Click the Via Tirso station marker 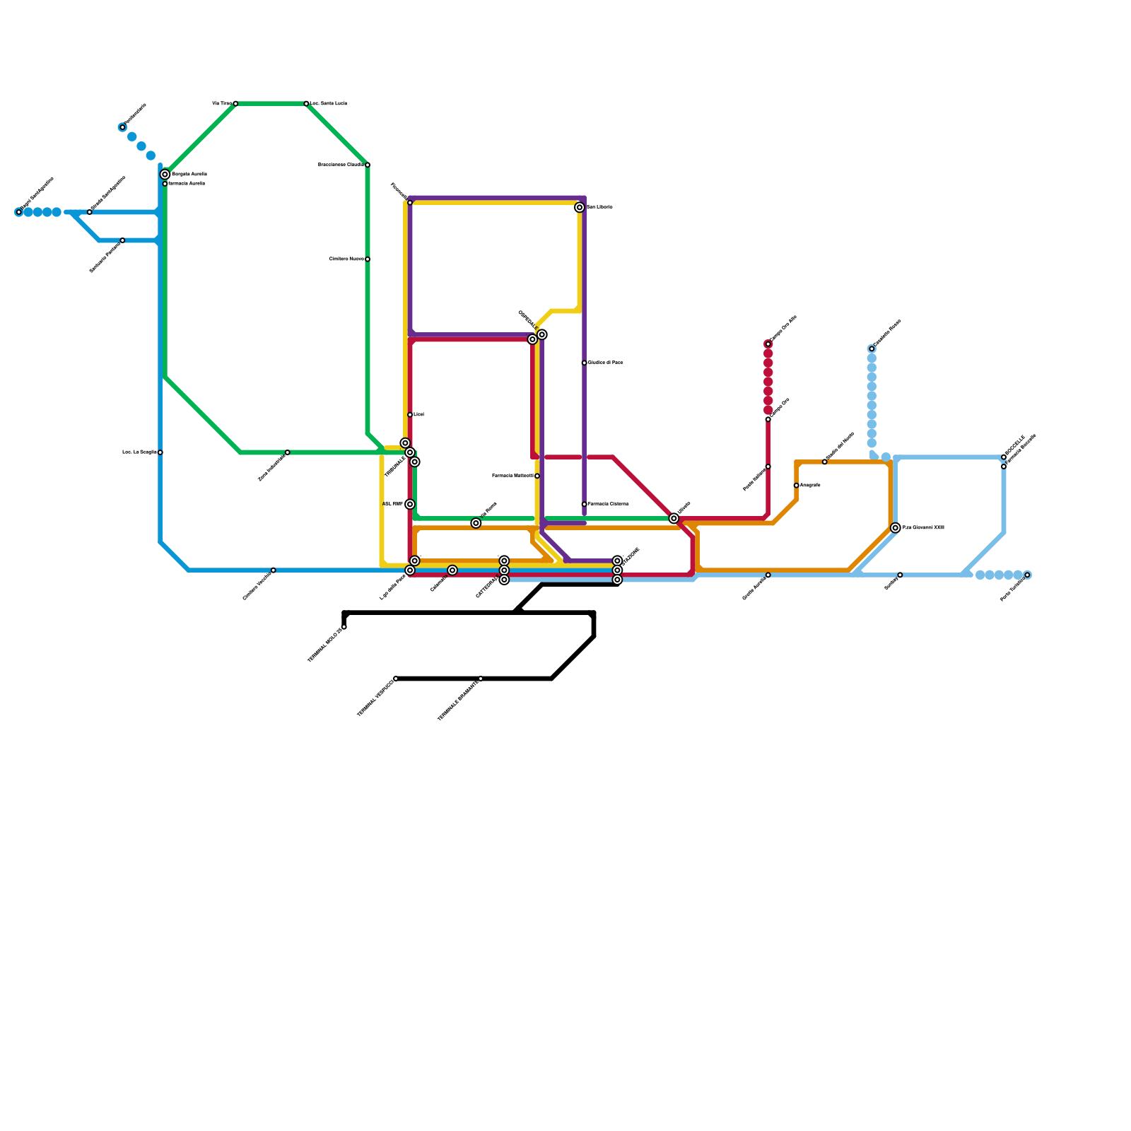[x=235, y=104]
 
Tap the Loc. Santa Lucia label [x=329, y=104]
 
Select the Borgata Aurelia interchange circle [x=165, y=175]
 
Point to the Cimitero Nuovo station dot [x=368, y=259]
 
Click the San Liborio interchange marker [x=580, y=208]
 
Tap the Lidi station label [x=419, y=414]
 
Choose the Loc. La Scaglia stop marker [x=160, y=452]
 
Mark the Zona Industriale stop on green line [x=287, y=452]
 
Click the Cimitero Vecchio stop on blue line [x=274, y=570]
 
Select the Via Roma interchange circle [x=476, y=523]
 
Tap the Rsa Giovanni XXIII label [x=923, y=528]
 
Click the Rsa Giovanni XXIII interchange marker [x=896, y=528]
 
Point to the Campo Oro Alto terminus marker [x=768, y=344]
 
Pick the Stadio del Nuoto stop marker [x=825, y=462]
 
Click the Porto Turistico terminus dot [x=1027, y=575]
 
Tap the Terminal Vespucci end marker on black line [x=396, y=679]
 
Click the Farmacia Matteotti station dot [x=537, y=476]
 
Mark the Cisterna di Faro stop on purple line [x=585, y=363]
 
